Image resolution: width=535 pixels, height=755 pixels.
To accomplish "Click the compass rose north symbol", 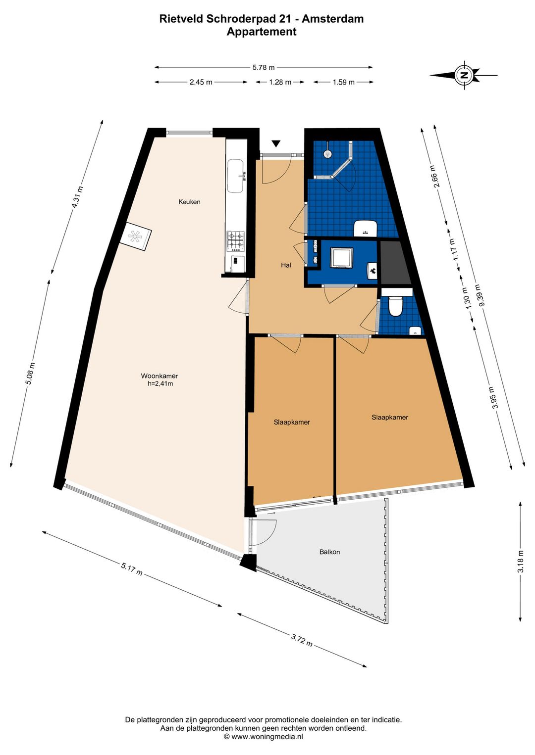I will tap(464, 75).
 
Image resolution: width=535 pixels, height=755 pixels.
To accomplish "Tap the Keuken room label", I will tap(189, 202).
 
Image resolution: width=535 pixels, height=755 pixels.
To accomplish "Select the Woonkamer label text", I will tap(159, 376).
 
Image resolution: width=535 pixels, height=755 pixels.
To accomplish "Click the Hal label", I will tap(286, 265).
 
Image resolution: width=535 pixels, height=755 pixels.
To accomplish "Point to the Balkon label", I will tap(329, 552).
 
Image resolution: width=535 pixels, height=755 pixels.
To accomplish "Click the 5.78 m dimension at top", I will tap(263, 67).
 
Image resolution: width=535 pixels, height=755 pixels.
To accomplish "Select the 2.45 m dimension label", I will tap(201, 82).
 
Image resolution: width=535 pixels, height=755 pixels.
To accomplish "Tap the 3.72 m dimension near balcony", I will tap(302, 640).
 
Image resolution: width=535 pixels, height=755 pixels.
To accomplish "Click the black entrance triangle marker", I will tap(276, 143).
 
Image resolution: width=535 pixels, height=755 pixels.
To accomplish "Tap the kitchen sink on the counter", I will tap(235, 176).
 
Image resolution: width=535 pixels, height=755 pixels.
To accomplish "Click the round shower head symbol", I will tap(327, 154).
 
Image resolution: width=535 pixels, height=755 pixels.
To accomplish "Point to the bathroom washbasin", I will tap(366, 229).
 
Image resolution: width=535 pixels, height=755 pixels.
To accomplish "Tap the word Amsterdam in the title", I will tap(333, 19).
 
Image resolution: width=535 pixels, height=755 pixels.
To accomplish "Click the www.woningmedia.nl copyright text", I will tap(263, 737).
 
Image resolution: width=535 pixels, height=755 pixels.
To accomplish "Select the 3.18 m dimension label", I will tap(520, 562).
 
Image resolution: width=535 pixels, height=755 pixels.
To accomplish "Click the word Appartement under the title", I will tap(262, 32).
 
